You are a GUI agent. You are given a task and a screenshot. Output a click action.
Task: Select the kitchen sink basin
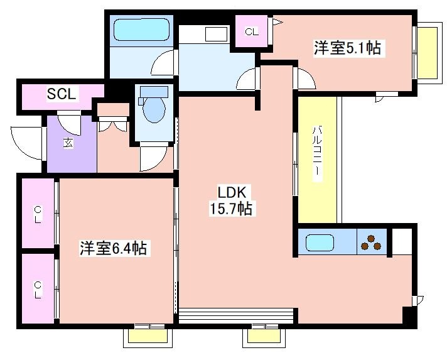[320, 243]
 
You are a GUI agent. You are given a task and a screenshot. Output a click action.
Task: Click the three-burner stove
[371, 243]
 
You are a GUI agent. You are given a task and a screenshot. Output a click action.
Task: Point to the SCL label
[62, 95]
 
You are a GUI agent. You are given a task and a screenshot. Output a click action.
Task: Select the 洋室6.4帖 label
[113, 248]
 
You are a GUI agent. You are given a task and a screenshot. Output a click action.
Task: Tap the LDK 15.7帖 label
[235, 200]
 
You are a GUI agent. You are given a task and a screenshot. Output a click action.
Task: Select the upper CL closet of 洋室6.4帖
[38, 214]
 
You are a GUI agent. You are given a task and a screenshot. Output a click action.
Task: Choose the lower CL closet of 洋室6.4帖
[38, 289]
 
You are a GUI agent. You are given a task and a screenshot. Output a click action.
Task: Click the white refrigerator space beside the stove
[401, 241]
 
